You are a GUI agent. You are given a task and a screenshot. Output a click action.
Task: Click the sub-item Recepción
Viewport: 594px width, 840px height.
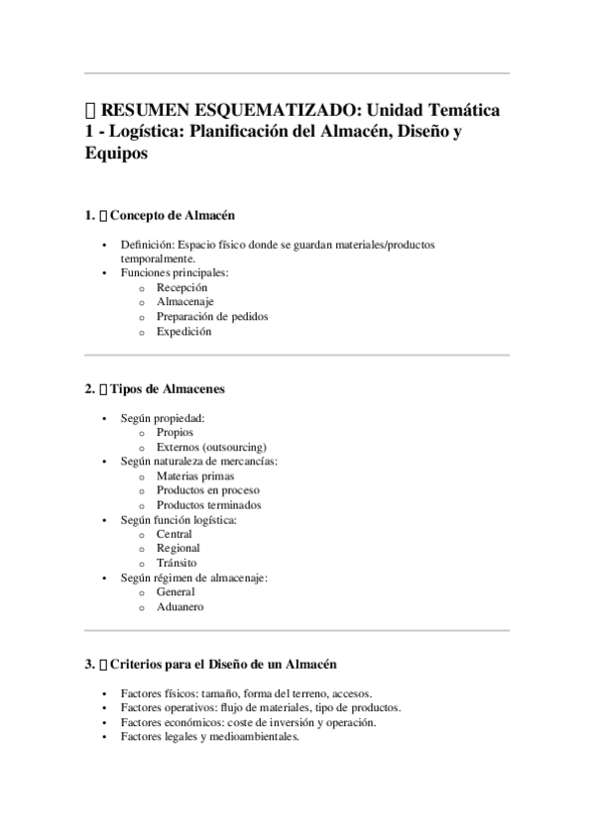click(x=182, y=287)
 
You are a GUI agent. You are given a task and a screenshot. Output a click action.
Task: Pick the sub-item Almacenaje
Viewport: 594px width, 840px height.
click(x=184, y=302)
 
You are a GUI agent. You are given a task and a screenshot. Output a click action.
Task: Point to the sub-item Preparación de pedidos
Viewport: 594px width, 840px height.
click(x=212, y=317)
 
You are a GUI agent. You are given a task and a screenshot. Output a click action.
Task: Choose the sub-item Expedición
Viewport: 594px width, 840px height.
click(x=183, y=332)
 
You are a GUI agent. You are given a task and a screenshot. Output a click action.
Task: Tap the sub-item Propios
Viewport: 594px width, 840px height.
click(x=175, y=432)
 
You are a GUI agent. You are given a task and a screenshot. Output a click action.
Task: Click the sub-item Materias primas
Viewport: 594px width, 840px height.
click(x=195, y=475)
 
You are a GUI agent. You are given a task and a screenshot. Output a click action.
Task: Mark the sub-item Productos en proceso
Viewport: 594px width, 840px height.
click(x=208, y=490)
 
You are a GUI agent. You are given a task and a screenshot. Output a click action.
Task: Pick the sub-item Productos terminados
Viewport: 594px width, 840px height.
click(x=209, y=505)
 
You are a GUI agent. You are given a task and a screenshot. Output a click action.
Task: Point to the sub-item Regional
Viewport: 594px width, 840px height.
click(x=178, y=548)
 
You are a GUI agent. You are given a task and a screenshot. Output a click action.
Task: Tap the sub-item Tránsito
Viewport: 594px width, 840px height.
click(x=177, y=563)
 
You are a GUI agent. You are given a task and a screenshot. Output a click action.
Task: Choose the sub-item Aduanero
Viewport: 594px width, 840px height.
click(x=179, y=606)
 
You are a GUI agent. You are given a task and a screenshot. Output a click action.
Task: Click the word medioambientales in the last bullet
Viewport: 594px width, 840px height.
click(x=253, y=737)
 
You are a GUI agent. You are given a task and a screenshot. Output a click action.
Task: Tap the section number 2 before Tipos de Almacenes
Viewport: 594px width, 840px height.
click(x=89, y=390)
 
